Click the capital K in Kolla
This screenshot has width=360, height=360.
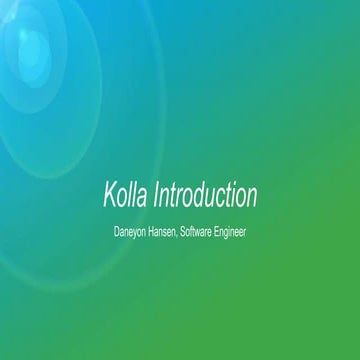coord(108,192)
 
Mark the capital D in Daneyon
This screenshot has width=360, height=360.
coord(118,231)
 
